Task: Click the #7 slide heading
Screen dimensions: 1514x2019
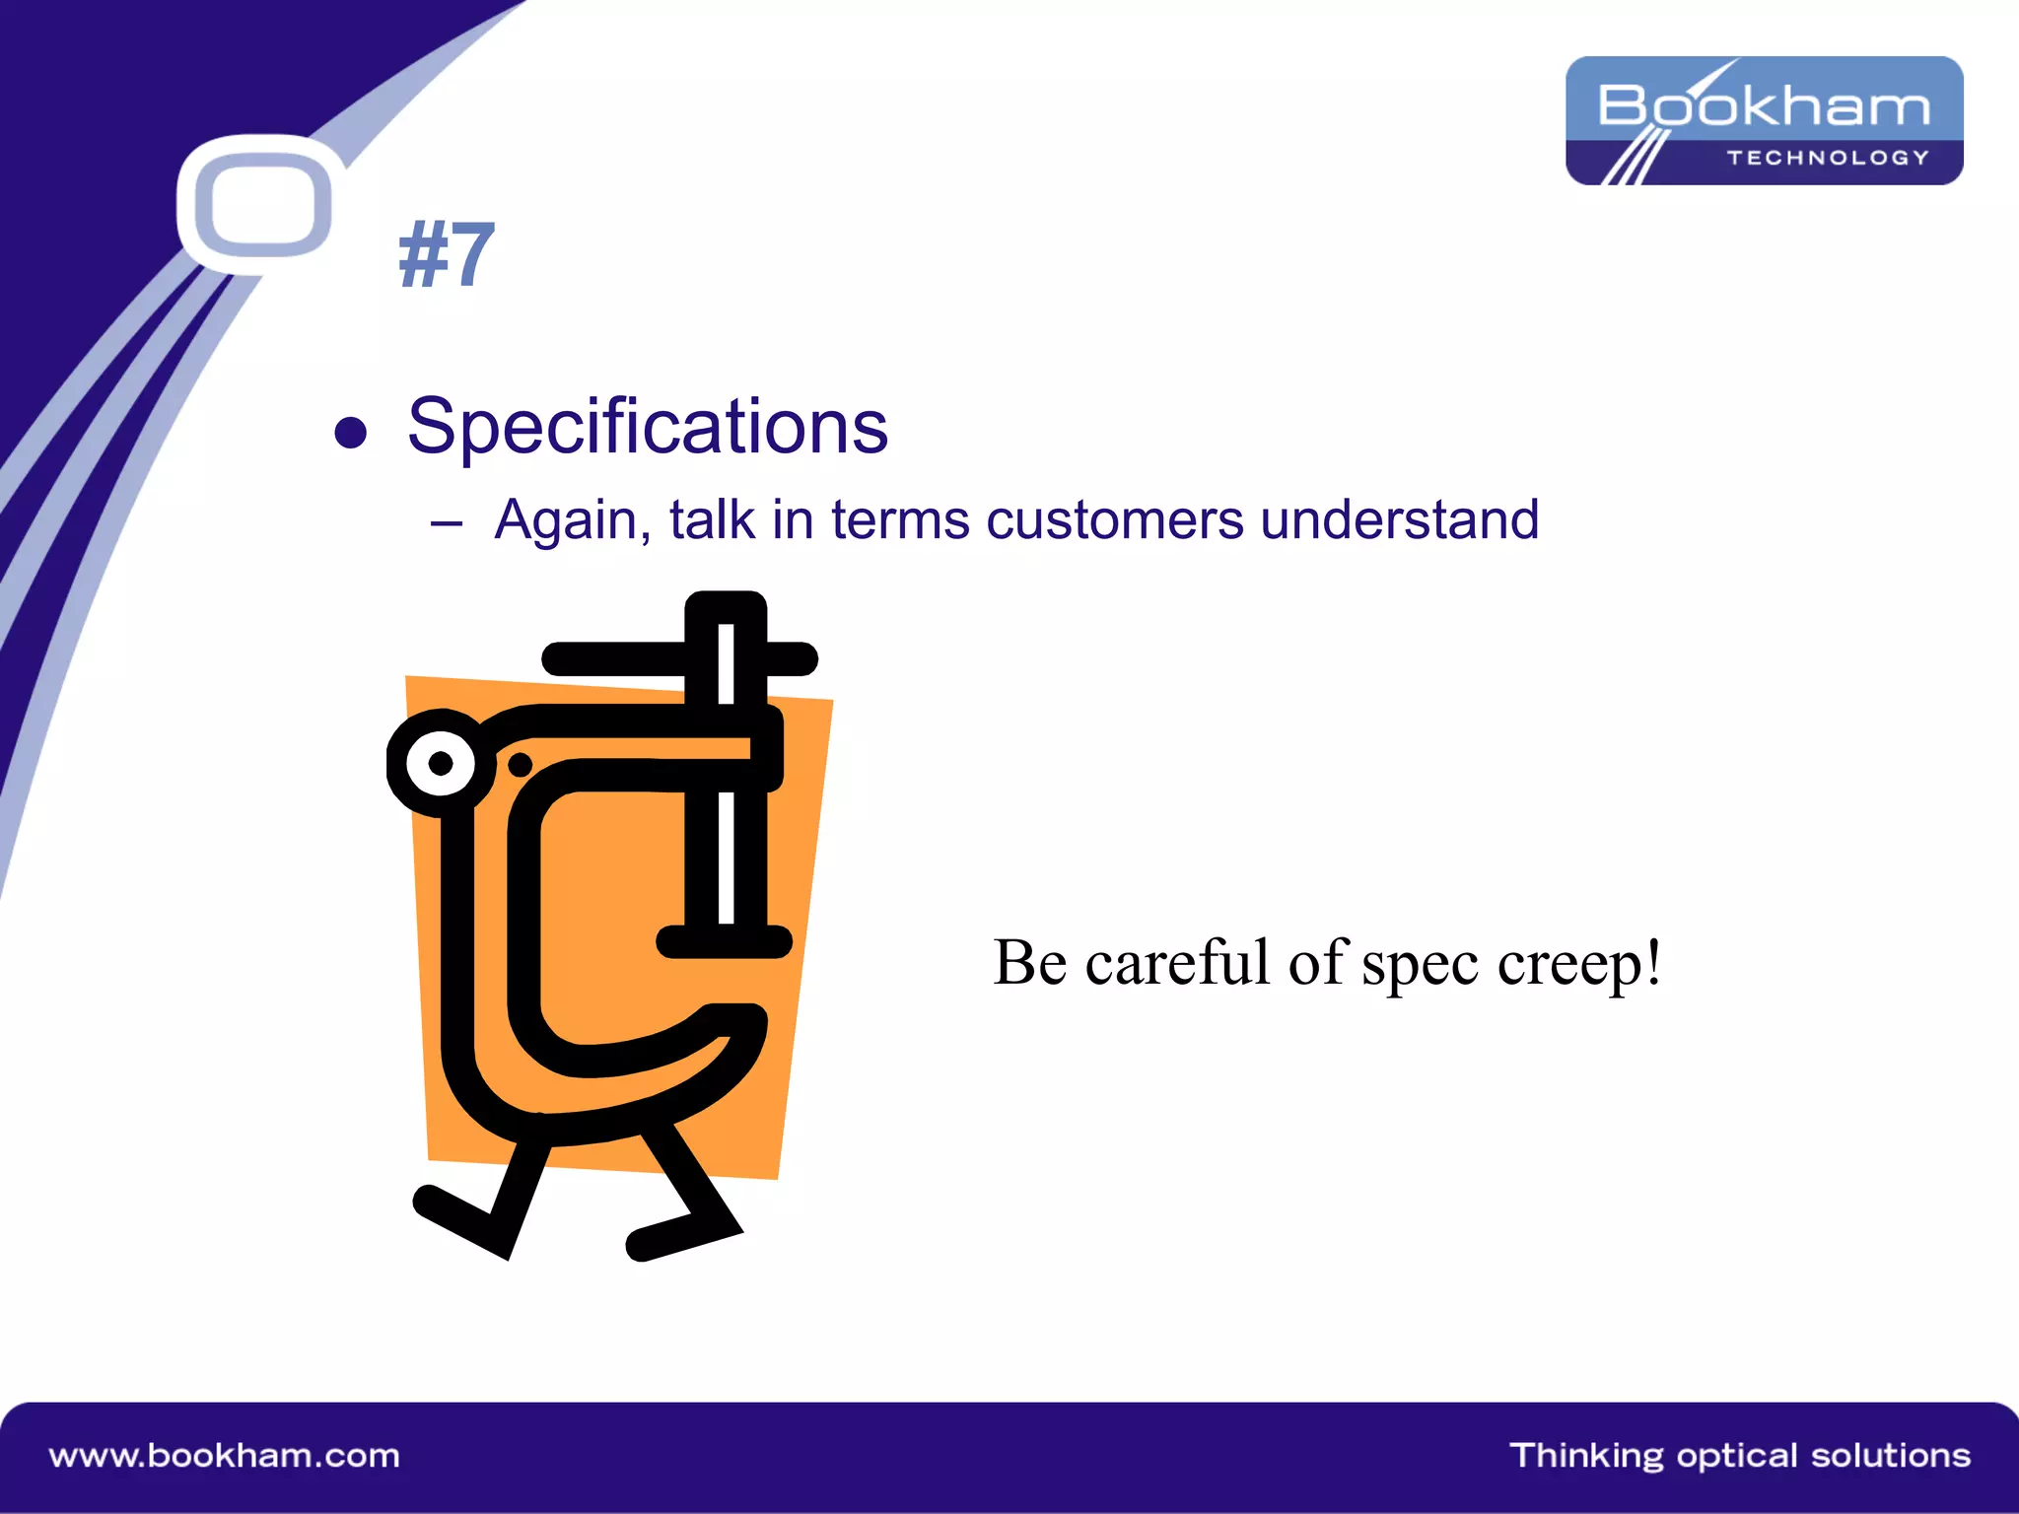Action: coord(446,255)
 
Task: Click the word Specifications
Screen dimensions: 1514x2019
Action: coord(648,427)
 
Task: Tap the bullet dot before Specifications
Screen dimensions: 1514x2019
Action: coord(351,432)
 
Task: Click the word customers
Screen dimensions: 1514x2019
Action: coord(1115,519)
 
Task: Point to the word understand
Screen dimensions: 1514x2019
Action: coord(1399,519)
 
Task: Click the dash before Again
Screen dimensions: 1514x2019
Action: coord(446,523)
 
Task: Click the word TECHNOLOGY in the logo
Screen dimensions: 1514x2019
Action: coord(1827,158)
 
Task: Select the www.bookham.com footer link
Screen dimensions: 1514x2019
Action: coord(225,1456)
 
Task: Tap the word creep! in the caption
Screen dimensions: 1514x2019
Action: coord(1579,963)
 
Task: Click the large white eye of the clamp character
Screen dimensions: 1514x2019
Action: coord(441,763)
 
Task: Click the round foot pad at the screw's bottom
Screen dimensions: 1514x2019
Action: coord(725,941)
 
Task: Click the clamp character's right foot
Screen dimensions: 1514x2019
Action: coord(680,1237)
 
